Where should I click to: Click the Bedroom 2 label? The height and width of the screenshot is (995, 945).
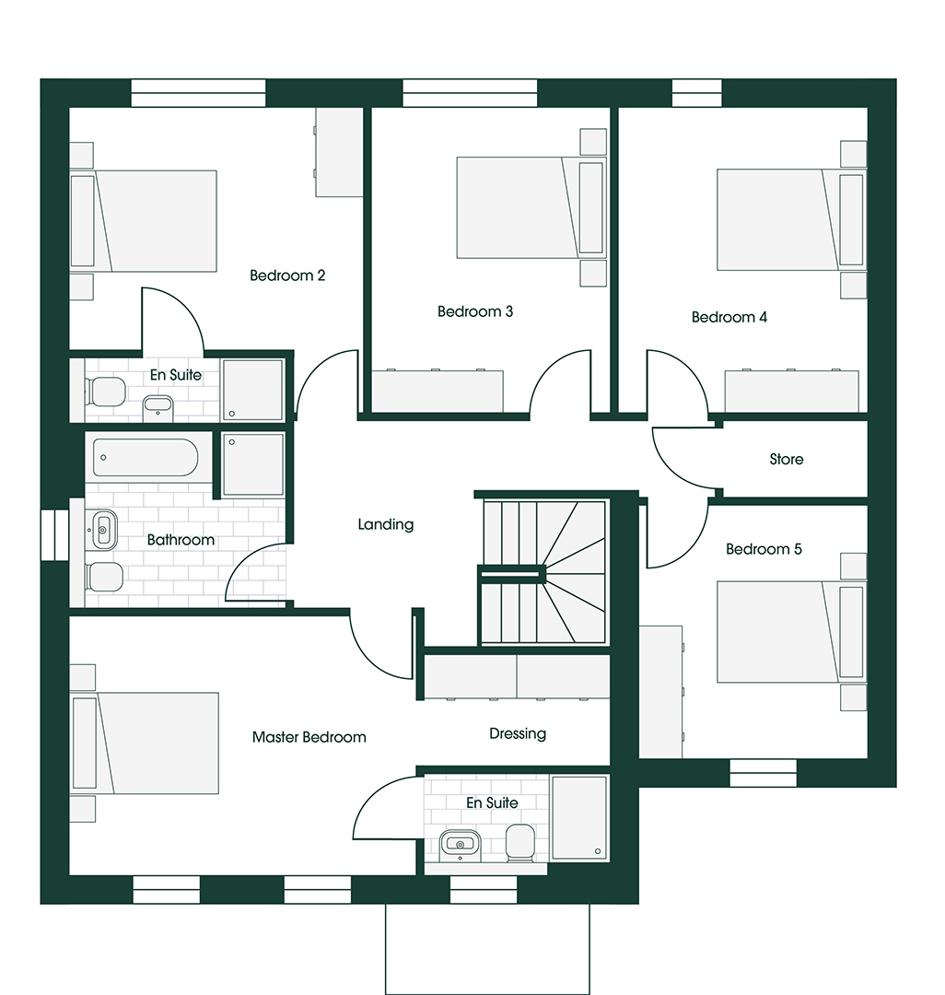[x=287, y=275]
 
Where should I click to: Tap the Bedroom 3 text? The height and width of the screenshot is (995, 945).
[x=475, y=311]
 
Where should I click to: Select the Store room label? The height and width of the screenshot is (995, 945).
[x=787, y=459]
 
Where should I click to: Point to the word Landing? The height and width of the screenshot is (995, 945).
[x=386, y=525]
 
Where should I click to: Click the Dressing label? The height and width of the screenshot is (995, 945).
[x=518, y=734]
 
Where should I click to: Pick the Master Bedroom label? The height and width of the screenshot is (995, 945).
[x=309, y=737]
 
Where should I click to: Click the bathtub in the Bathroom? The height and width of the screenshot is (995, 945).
[x=146, y=457]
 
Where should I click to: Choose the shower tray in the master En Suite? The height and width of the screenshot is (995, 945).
[x=579, y=817]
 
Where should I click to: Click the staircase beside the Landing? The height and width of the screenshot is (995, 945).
[x=543, y=572]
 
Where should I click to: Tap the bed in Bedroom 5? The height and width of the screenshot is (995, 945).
[x=791, y=632]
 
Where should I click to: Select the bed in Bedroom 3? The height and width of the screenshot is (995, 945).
[x=531, y=207]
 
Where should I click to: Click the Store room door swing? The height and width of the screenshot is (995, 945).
[x=685, y=458]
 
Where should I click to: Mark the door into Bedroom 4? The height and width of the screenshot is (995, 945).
[x=677, y=384]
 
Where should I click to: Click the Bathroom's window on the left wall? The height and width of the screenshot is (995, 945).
[x=54, y=535]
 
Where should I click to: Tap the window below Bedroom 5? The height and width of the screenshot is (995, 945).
[x=763, y=773]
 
